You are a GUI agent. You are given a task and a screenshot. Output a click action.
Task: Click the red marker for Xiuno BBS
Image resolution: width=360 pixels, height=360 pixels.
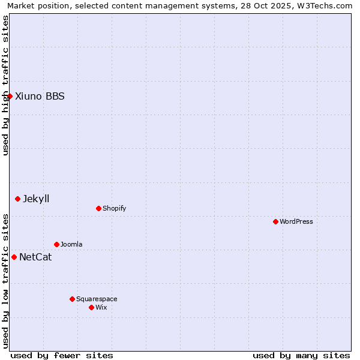click(x=10, y=96)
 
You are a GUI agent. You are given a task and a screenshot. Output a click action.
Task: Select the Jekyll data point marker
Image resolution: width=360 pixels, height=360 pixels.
click(x=17, y=199)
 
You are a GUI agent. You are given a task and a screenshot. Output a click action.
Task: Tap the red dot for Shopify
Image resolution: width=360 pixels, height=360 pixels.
click(x=98, y=208)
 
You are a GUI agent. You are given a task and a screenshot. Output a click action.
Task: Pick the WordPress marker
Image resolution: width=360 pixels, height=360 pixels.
click(x=275, y=221)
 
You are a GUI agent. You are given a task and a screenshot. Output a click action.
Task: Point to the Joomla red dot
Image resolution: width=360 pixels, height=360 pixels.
click(x=56, y=244)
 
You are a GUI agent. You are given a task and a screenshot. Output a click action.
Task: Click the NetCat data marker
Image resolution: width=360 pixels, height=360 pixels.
click(x=14, y=257)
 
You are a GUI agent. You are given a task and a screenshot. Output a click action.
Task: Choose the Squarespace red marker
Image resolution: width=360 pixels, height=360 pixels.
click(x=72, y=299)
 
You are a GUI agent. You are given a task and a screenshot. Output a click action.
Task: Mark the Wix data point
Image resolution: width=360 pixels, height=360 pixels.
click(x=91, y=307)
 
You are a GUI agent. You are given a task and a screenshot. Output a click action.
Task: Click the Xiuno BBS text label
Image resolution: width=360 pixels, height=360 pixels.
click(x=40, y=96)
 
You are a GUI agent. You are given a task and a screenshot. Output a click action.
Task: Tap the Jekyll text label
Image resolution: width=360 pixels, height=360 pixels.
click(x=36, y=199)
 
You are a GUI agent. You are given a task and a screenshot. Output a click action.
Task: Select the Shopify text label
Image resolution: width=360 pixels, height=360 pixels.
click(x=114, y=208)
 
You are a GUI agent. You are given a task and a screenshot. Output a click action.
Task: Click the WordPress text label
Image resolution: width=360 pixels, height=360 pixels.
click(x=296, y=221)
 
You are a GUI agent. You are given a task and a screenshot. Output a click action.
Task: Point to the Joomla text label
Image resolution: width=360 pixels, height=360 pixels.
click(x=71, y=244)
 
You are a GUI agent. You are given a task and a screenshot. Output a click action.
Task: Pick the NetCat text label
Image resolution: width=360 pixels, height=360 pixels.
click(x=35, y=257)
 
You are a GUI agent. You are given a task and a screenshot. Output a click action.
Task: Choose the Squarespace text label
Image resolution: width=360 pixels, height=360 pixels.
click(x=97, y=299)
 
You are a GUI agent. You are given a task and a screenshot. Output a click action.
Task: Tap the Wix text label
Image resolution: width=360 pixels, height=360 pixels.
click(x=101, y=307)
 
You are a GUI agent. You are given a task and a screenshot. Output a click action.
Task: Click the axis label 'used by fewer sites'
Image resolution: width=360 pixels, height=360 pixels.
click(x=62, y=355)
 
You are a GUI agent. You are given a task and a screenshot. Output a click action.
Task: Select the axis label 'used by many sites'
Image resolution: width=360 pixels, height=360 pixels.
click(x=301, y=355)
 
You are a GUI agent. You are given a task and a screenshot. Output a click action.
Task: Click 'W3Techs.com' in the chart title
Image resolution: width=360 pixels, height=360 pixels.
click(x=325, y=5)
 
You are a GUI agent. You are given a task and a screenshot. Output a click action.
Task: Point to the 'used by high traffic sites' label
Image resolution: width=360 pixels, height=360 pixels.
click(x=5, y=85)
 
